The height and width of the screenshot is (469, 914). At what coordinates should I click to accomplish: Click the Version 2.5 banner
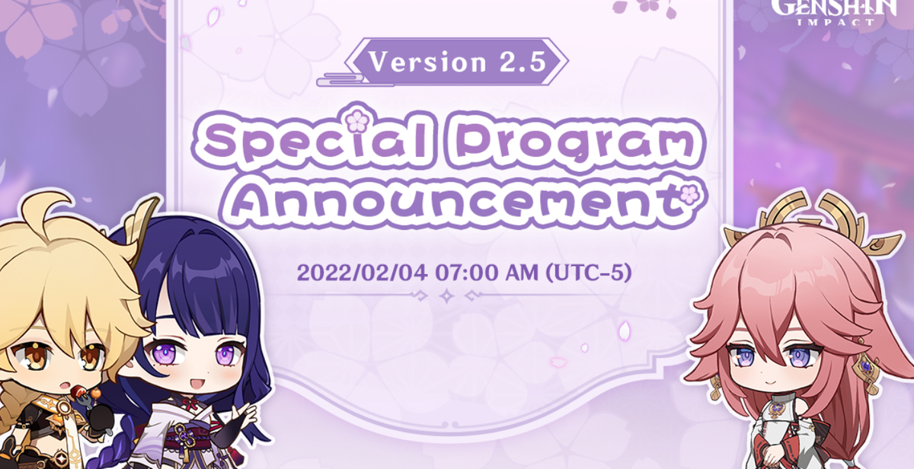click(x=456, y=62)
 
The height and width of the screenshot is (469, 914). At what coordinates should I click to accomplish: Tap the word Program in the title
click(x=574, y=141)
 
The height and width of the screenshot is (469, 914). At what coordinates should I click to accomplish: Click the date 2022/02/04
click(x=362, y=273)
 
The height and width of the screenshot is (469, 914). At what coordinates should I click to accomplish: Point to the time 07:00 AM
click(x=487, y=273)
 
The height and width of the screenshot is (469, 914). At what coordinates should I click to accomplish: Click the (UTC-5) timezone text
click(x=588, y=273)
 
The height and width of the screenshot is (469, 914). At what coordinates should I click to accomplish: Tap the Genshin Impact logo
click(x=835, y=12)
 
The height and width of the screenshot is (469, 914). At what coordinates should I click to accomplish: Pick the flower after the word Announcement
click(x=689, y=196)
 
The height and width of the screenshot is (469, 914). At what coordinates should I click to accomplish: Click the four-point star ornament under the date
click(x=447, y=295)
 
